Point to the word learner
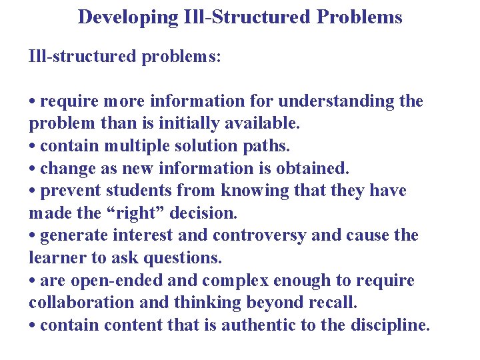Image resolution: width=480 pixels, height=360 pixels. pos(56,258)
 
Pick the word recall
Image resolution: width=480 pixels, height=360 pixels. pos(331,303)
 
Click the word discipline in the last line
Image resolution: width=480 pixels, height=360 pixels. pos(393,325)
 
